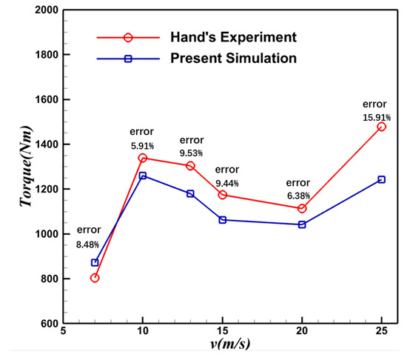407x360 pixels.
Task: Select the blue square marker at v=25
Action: point(381,179)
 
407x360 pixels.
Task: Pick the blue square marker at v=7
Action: point(95,263)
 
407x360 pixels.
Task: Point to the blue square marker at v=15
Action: point(223,220)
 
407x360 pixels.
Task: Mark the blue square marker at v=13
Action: point(190,193)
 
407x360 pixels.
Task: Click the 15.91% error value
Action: point(377,118)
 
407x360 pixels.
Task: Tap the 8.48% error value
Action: point(87,244)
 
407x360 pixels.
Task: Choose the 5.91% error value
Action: point(142,146)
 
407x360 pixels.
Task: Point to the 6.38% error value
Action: point(298,196)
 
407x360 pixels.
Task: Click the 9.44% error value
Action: point(227,184)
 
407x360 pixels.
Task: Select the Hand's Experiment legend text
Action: point(233,37)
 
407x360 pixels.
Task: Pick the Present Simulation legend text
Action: point(233,59)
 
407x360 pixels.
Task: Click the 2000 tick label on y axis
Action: point(47,10)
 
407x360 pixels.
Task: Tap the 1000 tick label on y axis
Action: point(47,234)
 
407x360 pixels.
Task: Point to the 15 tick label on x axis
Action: point(223,331)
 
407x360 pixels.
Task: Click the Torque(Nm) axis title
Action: point(26,166)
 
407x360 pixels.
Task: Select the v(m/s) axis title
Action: point(230,344)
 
